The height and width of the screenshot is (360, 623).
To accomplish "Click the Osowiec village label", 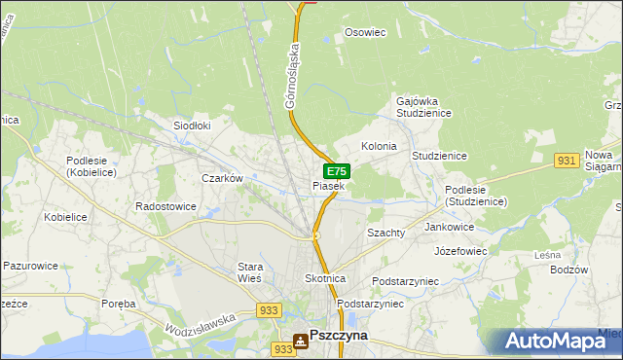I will click(366, 32).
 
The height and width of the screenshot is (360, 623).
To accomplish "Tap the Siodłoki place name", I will click(192, 126).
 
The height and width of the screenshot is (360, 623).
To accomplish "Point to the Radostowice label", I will click(166, 206).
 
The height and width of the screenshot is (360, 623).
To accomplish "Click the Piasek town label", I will click(328, 186).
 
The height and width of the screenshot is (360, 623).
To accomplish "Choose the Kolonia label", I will click(379, 146).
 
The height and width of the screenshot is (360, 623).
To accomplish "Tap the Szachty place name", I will click(385, 234).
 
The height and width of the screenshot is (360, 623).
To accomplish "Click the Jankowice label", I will click(450, 227).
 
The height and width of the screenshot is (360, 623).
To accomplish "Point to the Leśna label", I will click(548, 255).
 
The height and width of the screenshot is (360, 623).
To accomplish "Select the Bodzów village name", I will click(569, 270).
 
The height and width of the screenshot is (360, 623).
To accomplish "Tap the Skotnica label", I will click(325, 278).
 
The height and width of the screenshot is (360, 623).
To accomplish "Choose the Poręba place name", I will click(119, 304).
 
